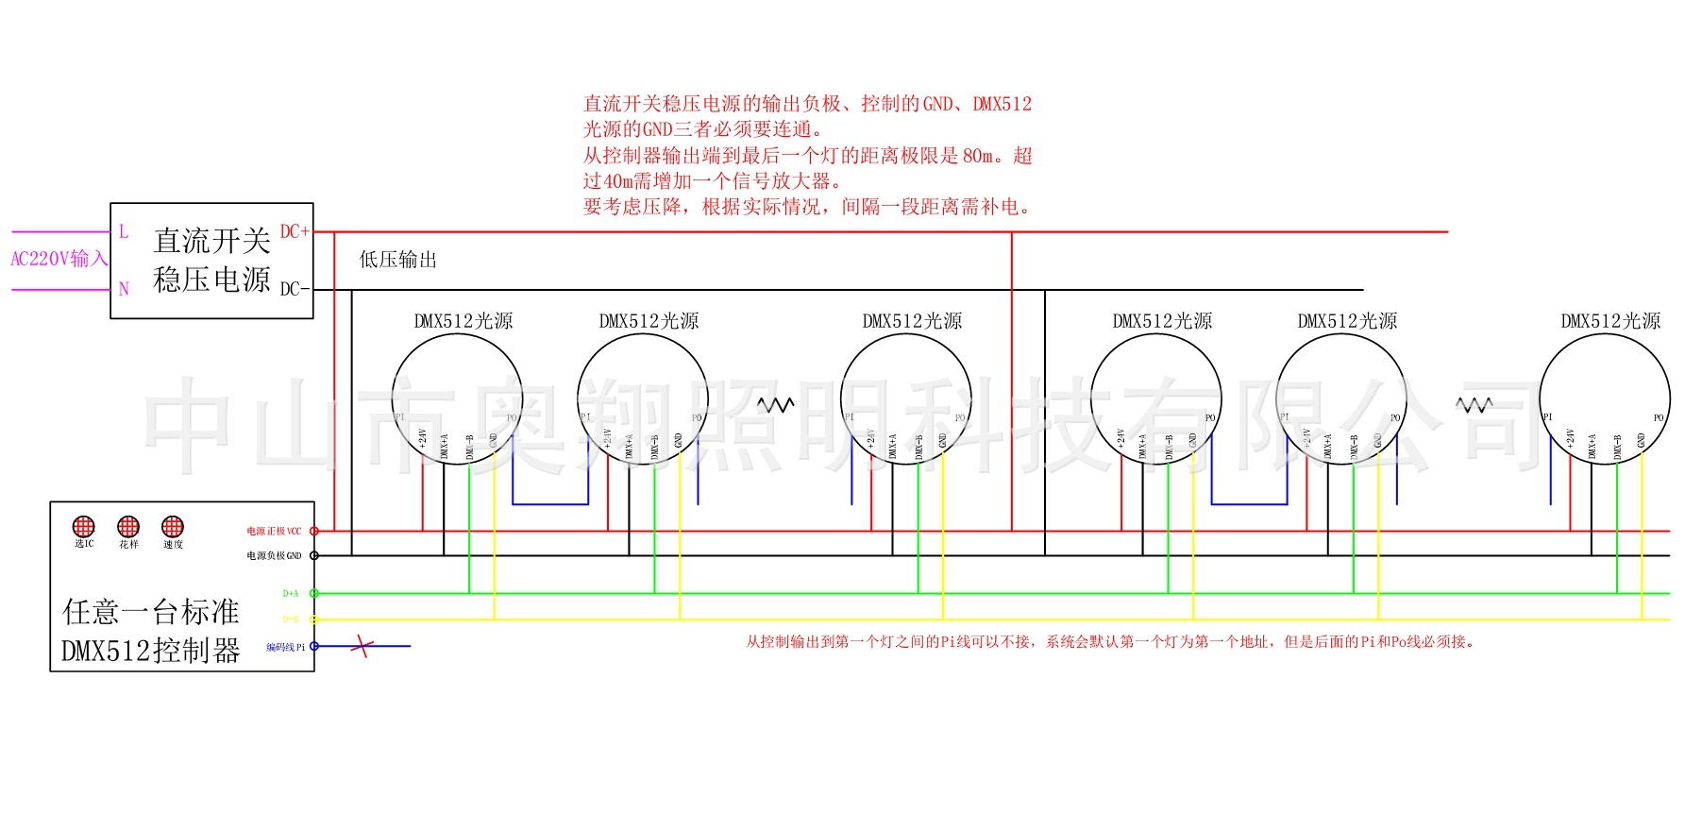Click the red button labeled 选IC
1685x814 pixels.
pos(84,526)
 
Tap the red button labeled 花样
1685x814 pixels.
pos(128,526)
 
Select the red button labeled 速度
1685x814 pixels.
pos(173,526)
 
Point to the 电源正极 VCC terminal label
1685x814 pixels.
pos(274,532)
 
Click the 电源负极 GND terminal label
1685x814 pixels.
pos(274,556)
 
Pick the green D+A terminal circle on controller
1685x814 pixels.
pos(314,594)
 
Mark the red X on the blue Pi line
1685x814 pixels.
pos(362,647)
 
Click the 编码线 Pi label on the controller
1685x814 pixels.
pos(285,648)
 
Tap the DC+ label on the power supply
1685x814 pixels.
pos(295,231)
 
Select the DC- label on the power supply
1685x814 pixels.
pos(295,289)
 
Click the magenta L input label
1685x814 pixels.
pos(124,231)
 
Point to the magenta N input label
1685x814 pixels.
pos(124,289)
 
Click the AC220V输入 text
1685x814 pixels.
pos(59,259)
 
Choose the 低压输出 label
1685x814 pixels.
pos(398,260)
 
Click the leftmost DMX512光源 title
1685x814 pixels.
pos(463,321)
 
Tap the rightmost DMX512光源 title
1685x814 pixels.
pos(1610,321)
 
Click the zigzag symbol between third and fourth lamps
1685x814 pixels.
pos(776,405)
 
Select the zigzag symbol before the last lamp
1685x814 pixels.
pos(1474,405)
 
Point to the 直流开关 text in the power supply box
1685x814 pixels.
pos(212,241)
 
